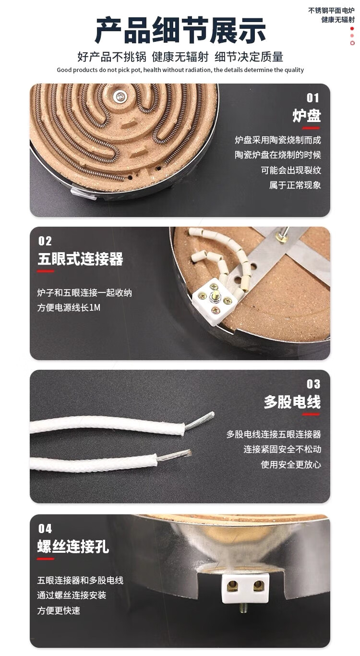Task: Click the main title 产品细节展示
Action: coord(180,30)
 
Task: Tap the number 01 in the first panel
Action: coord(312,98)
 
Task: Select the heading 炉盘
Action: coord(307,115)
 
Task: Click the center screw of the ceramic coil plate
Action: coord(120,96)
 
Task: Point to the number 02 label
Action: coord(45,241)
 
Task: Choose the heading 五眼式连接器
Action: coord(81,259)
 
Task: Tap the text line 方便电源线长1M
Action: coord(69,307)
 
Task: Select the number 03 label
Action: coord(313,384)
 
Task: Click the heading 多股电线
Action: coord(292,402)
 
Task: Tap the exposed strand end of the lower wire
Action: coord(174,455)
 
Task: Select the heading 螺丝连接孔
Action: coord(73,547)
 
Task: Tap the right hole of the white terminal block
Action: coord(259,586)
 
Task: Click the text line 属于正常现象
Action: coord(295,185)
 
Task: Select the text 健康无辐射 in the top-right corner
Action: coord(338,20)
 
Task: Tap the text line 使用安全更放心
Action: coord(291,464)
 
